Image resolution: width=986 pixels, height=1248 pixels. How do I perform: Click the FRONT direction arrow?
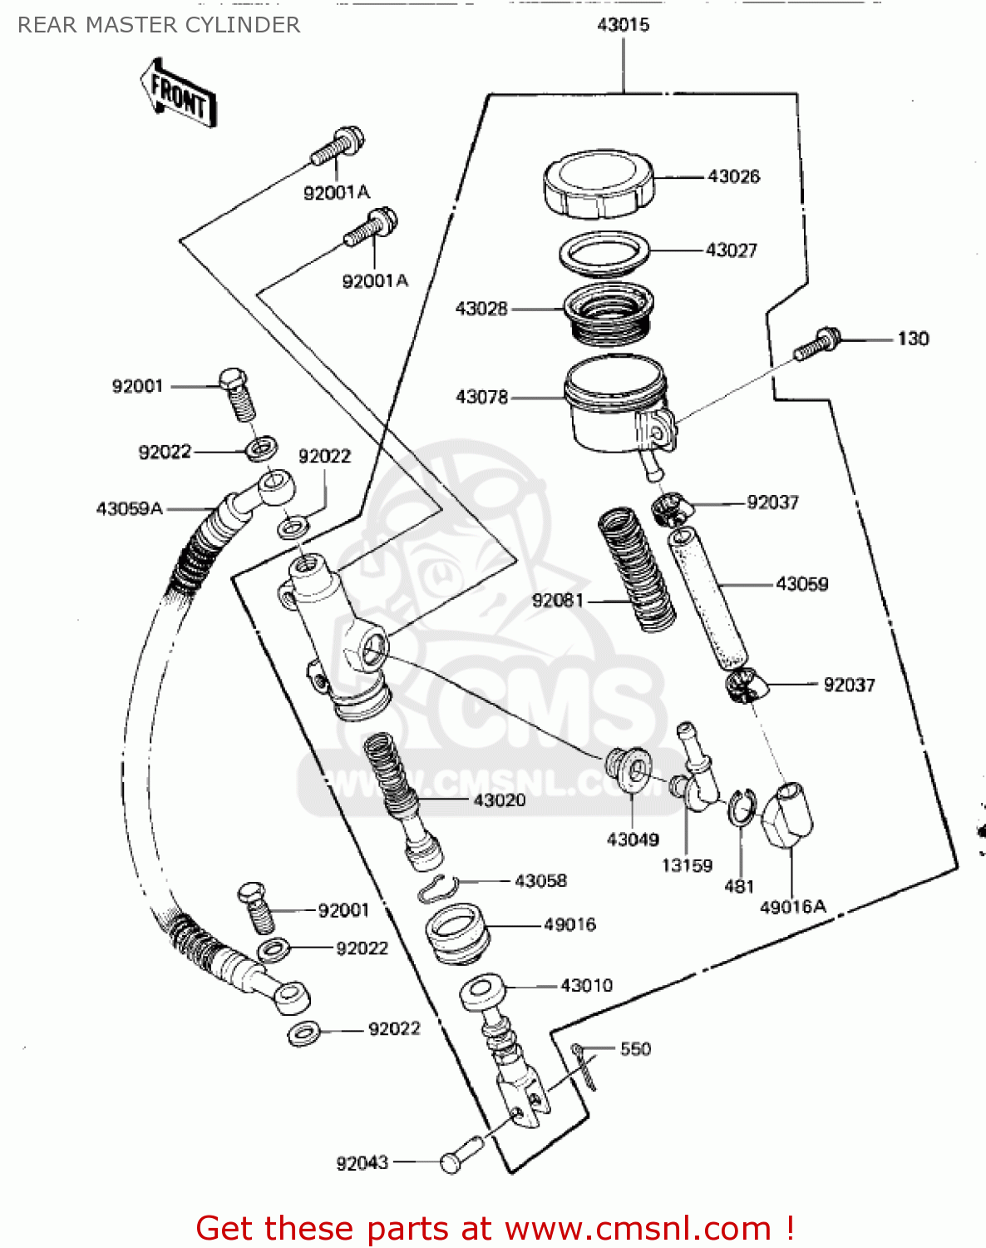[x=178, y=92]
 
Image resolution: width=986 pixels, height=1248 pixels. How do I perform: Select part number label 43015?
[x=623, y=25]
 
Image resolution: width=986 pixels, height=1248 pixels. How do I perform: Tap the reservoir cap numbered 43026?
[x=599, y=183]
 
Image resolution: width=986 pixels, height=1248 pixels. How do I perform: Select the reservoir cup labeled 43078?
[x=614, y=404]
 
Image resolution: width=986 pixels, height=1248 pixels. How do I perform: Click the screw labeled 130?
[x=817, y=344]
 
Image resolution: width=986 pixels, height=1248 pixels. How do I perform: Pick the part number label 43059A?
[x=129, y=508]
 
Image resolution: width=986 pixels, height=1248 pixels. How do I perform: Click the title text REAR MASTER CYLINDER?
[x=159, y=25]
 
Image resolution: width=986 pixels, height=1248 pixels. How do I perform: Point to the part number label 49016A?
[x=792, y=907]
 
